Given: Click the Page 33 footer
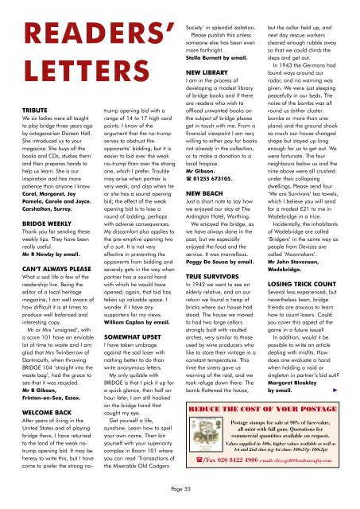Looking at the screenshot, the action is point(180,498).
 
